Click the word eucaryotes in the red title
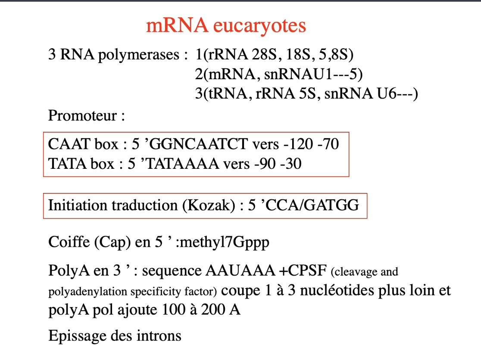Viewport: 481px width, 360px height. [259, 26]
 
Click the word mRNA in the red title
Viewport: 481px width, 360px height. [177, 26]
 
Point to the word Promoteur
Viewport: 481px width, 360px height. [82, 115]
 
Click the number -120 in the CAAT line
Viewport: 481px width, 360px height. [298, 144]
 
